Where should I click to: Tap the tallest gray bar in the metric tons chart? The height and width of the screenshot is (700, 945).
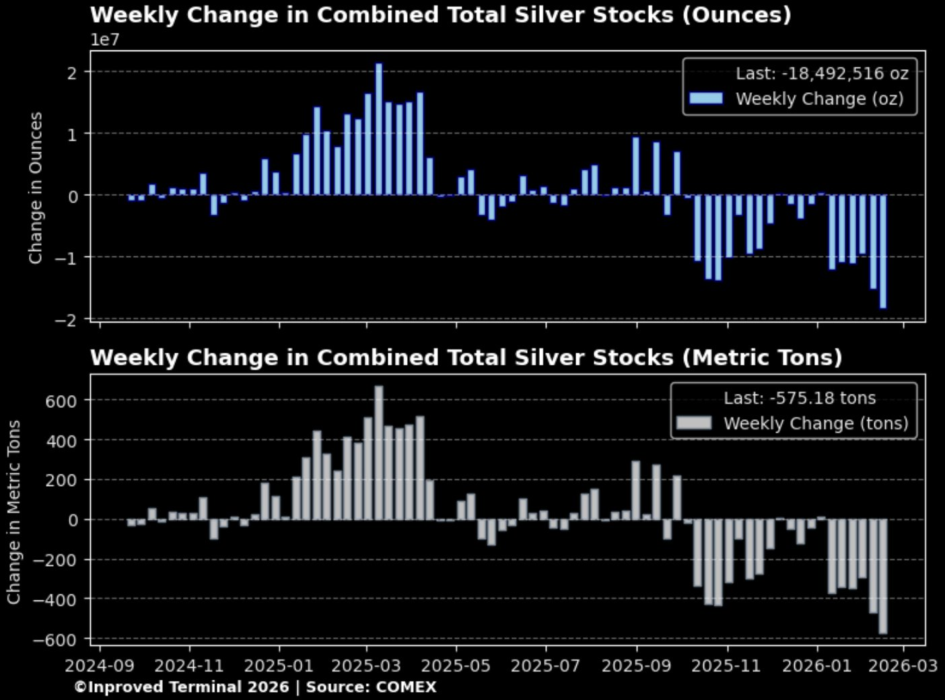tap(379, 452)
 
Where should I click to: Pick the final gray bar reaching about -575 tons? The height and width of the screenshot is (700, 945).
tap(882, 576)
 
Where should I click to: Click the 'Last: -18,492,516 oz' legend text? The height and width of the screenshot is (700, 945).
tap(822, 73)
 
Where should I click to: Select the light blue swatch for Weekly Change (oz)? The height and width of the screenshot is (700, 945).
tap(706, 99)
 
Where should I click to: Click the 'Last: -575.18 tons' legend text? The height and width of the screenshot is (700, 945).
tap(800, 398)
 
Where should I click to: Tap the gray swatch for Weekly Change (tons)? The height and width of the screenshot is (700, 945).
tap(694, 423)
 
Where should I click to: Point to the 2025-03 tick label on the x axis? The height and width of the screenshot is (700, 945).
tap(367, 666)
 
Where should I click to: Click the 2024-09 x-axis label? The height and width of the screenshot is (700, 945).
tap(100, 666)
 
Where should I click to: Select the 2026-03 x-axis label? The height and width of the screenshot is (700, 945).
tap(903, 666)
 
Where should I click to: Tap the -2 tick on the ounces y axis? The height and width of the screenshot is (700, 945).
tap(67, 319)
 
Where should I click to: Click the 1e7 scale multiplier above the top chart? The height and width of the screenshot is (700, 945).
tap(105, 40)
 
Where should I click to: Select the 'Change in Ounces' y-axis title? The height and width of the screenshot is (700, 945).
tap(36, 188)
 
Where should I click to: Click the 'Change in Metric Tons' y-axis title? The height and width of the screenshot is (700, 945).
tap(14, 512)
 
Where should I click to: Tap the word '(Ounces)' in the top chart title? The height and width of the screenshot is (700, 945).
tap(736, 15)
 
